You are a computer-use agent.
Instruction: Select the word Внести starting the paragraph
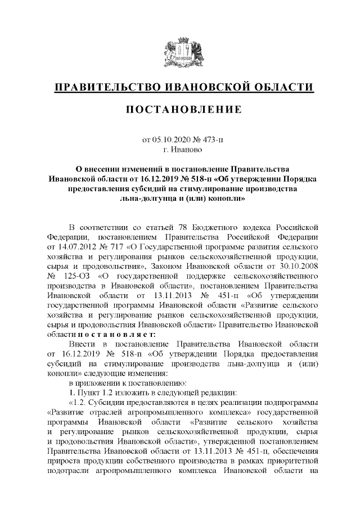coord(82,344)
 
